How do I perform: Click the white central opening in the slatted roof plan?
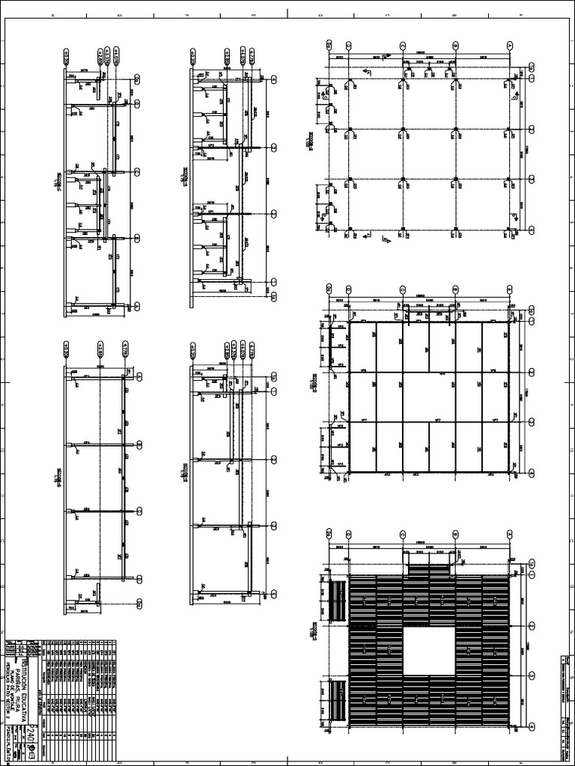coord(429,652)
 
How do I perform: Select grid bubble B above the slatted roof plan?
coord(455,533)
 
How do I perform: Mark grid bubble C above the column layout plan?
coord(403,45)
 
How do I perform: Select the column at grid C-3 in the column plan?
coord(403,180)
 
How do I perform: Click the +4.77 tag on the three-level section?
coord(123,349)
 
